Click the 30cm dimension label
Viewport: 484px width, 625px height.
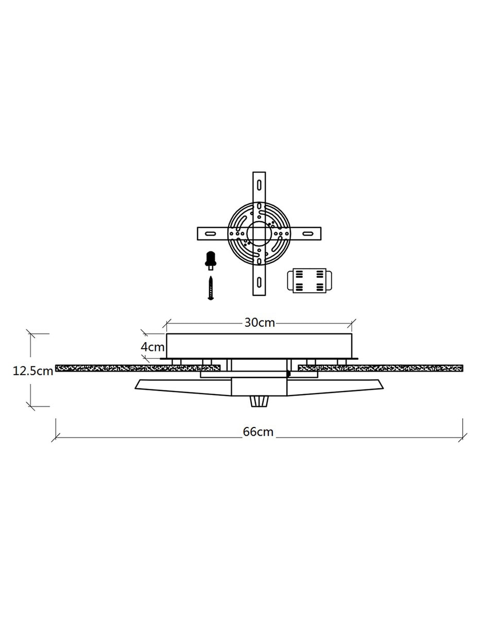tap(260, 323)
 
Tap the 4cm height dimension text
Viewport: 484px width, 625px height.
tap(152, 347)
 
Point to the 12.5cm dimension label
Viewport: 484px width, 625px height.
tap(33, 371)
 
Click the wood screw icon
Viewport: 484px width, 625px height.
tap(211, 288)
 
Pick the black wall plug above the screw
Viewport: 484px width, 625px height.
tap(211, 261)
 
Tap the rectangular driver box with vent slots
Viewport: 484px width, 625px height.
tap(309, 280)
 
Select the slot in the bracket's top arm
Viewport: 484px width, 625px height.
tap(259, 185)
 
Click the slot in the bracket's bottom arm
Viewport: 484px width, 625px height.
tap(259, 282)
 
